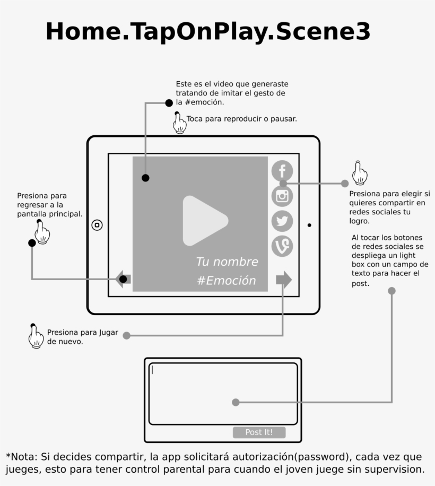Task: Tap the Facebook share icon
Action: coord(282,171)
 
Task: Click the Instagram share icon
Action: coord(282,196)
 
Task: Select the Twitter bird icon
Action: coord(282,221)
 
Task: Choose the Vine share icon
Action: coord(282,246)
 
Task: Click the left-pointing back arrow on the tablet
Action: coord(123,279)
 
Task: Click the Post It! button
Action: coord(259,432)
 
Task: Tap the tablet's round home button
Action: coord(97,225)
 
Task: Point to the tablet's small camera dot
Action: coord(309,225)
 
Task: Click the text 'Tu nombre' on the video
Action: coord(227,262)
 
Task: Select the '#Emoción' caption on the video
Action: coord(227,281)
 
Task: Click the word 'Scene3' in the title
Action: coord(323,32)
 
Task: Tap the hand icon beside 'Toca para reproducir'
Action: coord(180,123)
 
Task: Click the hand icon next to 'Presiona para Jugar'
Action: coord(36,336)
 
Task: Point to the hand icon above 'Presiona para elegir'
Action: coord(360,173)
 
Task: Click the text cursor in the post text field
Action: coord(152,370)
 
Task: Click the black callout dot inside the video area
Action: coord(145,178)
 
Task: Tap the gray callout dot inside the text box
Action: coord(236,402)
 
